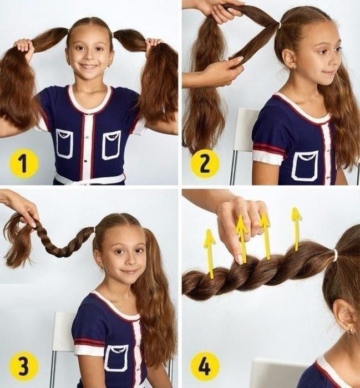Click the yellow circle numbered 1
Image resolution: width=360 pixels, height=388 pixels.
[x=24, y=164]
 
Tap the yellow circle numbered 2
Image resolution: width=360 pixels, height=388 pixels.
[x=205, y=164]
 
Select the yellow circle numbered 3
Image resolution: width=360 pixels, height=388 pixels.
[x=24, y=366]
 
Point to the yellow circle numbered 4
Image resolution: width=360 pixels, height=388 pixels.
[x=205, y=366]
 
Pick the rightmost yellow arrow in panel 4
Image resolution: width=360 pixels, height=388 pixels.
[x=296, y=228]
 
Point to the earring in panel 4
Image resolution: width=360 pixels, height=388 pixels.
[x=352, y=330]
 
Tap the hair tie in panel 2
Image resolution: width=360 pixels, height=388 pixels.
[x=279, y=24]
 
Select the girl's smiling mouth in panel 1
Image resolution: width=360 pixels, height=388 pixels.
[x=89, y=67]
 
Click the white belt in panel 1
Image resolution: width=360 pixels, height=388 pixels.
[x=90, y=178]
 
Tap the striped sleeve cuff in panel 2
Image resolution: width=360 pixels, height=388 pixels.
[x=268, y=153]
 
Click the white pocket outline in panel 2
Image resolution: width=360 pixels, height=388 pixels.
[x=305, y=165]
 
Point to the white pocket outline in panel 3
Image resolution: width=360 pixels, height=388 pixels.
[x=116, y=358]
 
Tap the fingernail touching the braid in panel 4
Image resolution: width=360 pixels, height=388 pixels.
[x=240, y=259]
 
